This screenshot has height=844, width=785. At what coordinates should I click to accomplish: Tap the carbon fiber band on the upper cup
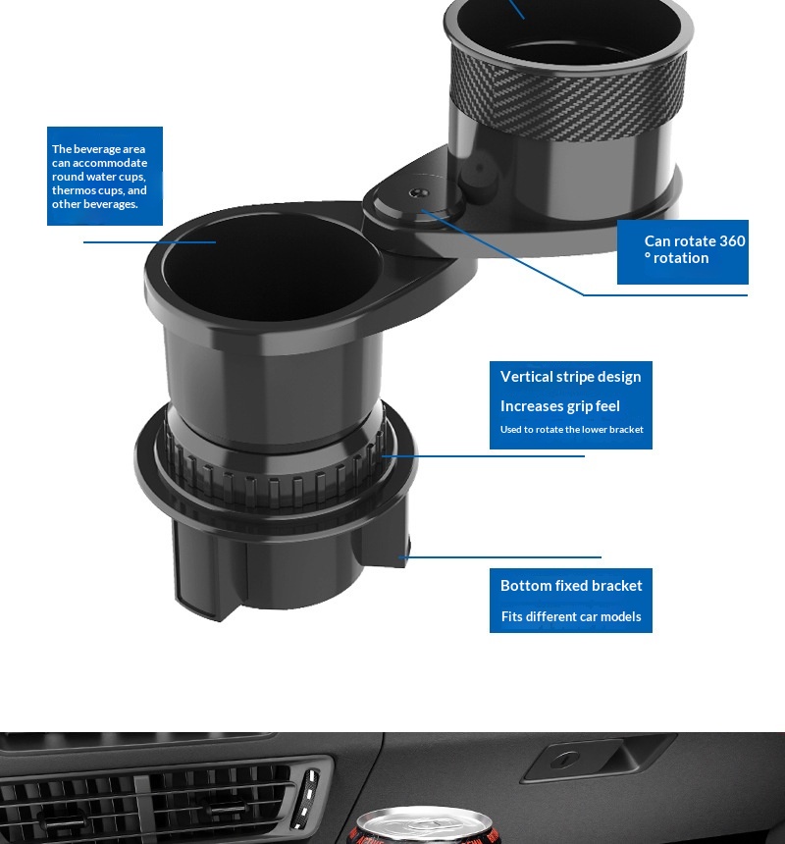567,99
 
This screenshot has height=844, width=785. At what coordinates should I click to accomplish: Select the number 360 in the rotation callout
732,240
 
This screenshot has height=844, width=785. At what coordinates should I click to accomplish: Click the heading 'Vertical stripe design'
570,376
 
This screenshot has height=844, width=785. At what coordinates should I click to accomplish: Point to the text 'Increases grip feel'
559,406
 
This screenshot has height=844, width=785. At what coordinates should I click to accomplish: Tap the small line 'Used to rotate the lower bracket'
571,430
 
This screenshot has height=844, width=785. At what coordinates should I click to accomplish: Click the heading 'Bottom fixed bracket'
571,585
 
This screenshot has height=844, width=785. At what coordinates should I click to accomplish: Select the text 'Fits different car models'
571,616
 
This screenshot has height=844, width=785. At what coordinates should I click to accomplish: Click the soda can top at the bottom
425,825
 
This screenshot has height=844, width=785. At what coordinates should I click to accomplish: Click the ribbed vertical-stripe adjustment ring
275,474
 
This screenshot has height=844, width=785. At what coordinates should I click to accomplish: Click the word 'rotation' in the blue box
681,258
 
